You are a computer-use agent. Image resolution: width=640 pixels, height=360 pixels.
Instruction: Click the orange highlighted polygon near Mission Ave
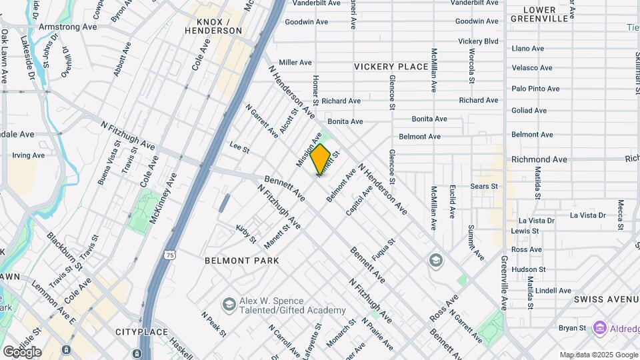[321, 161]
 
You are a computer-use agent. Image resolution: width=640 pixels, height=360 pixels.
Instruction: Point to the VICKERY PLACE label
[391, 67]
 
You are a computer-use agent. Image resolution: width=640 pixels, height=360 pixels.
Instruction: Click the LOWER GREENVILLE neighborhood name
[539, 14]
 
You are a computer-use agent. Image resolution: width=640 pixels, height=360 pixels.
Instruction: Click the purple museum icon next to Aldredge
[599, 328]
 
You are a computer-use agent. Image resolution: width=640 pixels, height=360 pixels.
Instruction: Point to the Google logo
[22, 351]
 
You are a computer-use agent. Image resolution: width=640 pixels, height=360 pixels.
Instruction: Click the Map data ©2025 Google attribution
[599, 355]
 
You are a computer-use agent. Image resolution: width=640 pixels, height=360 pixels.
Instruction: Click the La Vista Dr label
[587, 215]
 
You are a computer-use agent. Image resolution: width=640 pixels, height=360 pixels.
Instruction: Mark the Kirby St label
[246, 233]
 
